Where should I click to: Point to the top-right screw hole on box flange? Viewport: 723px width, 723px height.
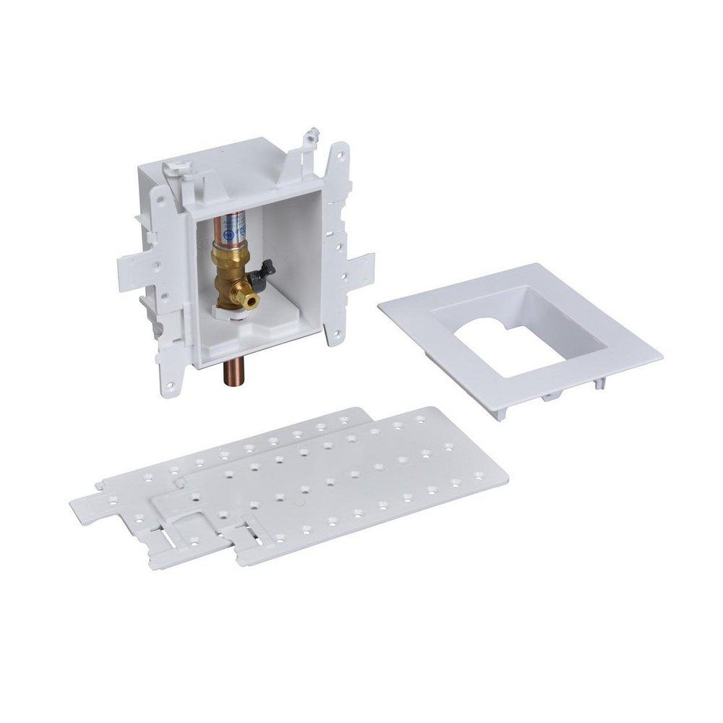coord(338,157)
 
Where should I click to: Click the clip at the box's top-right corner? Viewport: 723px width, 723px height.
coord(312,134)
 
